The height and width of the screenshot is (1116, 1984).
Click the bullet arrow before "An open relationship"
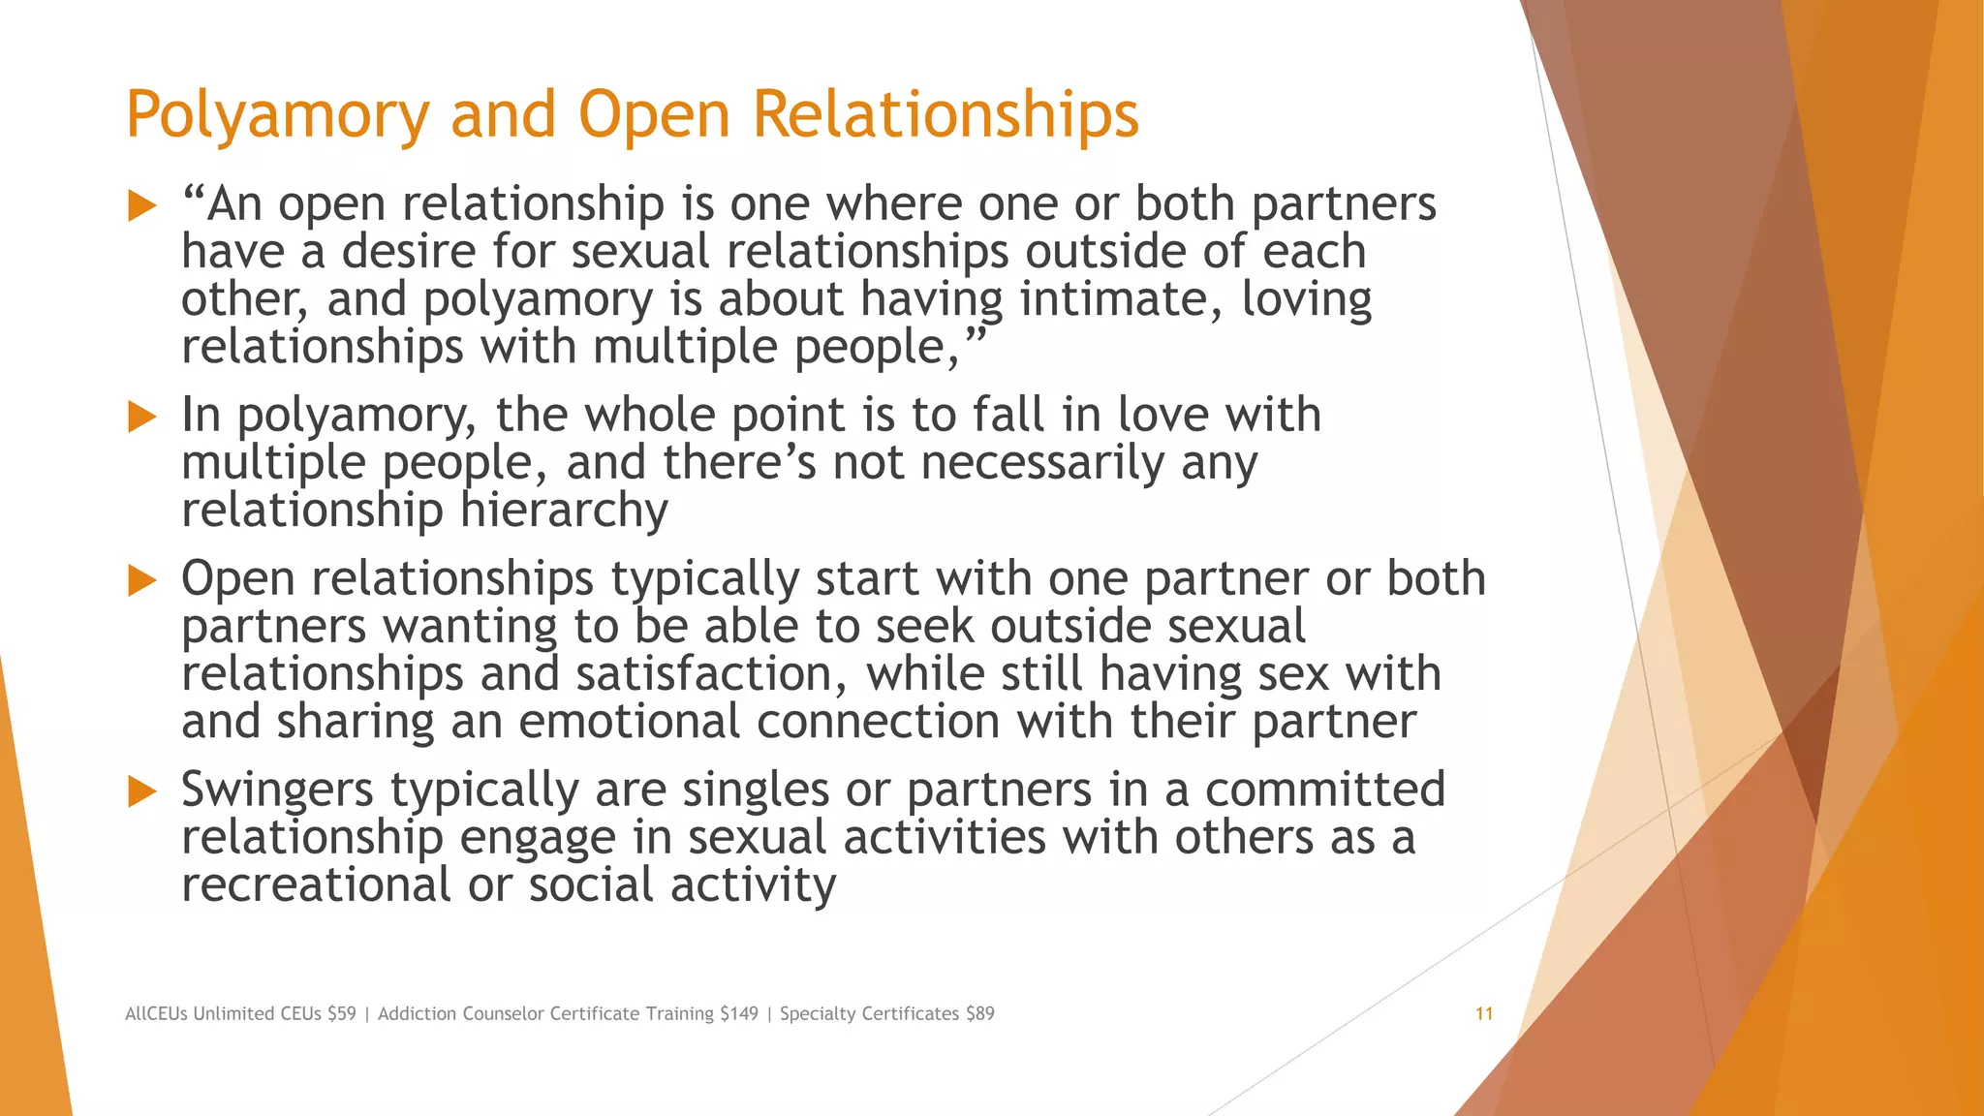142,205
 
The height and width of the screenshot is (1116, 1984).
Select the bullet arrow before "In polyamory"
142,418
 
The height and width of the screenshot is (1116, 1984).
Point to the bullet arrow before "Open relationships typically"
142,581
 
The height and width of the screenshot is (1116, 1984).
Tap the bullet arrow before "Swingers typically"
142,791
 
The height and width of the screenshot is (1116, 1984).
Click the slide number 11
1483,1014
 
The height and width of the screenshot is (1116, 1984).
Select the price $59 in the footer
341,1014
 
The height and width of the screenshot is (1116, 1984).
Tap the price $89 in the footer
979,1014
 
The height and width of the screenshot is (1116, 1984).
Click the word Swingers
277,790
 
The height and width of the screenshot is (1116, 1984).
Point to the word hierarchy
564,511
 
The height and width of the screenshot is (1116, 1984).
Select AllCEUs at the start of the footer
156,1014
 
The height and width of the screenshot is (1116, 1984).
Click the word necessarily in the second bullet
1042,463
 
